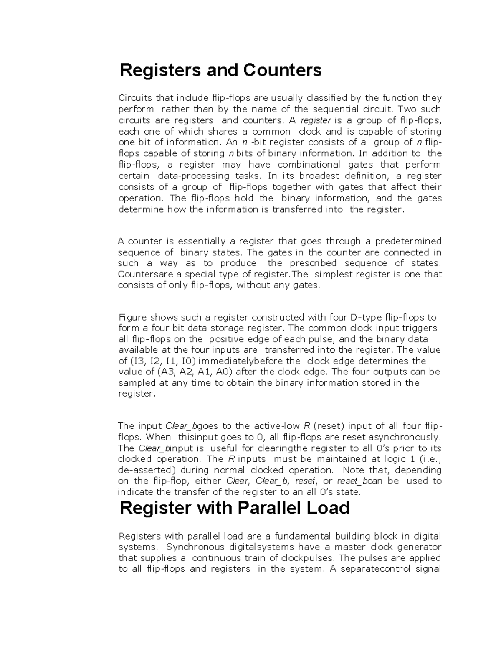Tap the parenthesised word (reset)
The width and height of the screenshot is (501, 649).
(x=328, y=426)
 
